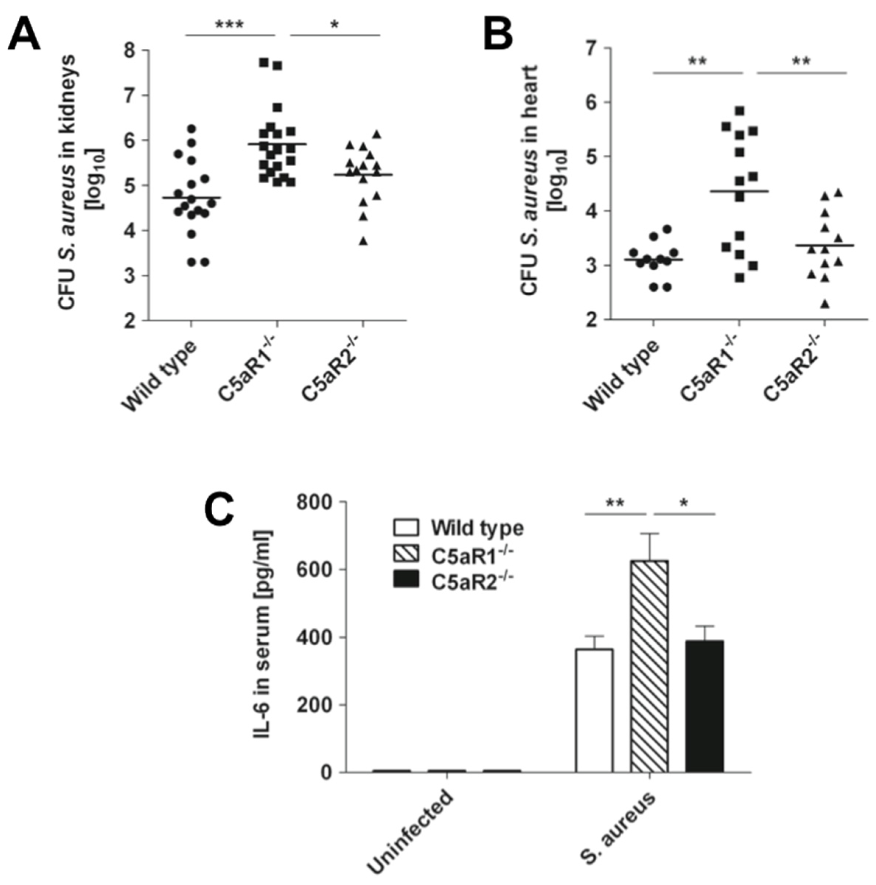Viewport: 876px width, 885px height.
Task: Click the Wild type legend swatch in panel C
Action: click(406, 527)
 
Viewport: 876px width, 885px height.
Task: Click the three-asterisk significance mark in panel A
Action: click(230, 24)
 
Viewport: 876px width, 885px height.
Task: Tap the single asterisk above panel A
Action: click(334, 24)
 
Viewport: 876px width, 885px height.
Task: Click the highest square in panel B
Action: click(739, 110)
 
